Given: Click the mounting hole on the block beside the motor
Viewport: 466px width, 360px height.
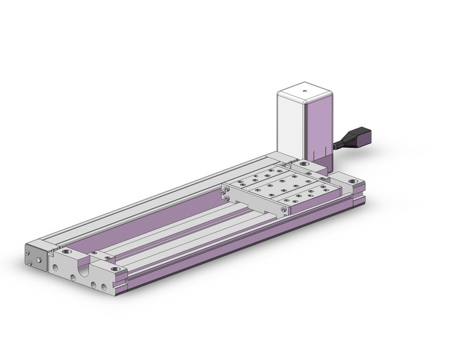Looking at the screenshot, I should [x=305, y=166].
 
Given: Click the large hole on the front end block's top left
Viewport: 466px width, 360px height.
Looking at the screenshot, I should [x=66, y=253].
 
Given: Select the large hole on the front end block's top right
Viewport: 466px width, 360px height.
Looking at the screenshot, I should [x=114, y=266].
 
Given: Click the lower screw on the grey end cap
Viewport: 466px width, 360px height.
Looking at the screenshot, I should [x=29, y=264].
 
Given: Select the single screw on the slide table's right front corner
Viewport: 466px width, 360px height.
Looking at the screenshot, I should [x=283, y=210].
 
